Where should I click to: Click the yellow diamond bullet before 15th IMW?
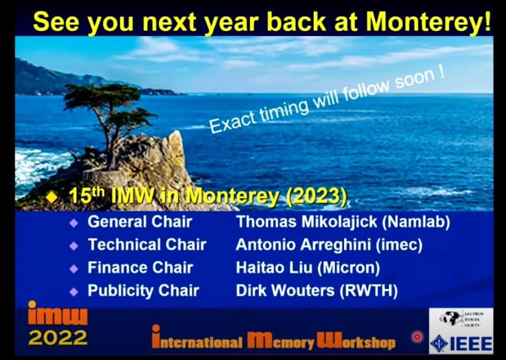(51, 197)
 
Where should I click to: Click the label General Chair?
(140, 221)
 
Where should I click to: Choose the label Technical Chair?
(147, 244)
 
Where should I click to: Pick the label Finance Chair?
(140, 267)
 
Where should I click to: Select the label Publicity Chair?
(143, 290)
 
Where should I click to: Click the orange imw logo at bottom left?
(58, 314)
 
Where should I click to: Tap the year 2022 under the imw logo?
(58, 338)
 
